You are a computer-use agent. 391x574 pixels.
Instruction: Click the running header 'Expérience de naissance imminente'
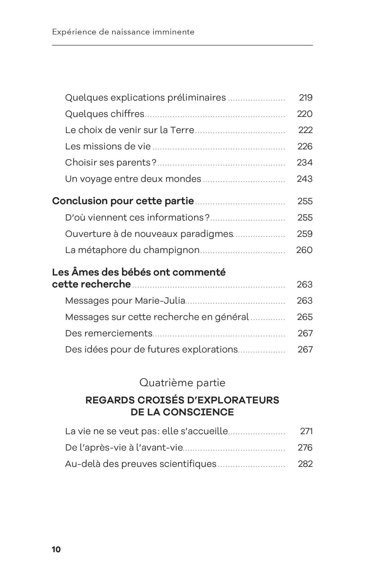tap(123, 32)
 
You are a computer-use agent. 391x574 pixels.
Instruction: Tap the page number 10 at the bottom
tap(56, 549)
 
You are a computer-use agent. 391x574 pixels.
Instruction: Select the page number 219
tap(306, 98)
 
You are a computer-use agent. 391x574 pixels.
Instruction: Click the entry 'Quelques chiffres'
tap(104, 114)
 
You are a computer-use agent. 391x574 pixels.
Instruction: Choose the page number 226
tap(305, 146)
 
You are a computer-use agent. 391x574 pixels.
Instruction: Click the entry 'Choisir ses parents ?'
tap(111, 162)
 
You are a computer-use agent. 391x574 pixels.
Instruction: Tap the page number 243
tap(304, 179)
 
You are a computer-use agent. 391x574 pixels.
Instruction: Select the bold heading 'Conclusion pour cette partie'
tap(123, 201)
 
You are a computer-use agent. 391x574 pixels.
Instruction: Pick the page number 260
tap(304, 250)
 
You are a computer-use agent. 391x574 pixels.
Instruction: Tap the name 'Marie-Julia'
tap(160, 301)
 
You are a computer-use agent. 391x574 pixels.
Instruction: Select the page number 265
tap(305, 317)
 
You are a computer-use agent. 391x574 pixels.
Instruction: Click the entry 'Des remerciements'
tap(109, 333)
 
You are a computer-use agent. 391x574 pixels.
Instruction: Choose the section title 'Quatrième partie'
tap(182, 382)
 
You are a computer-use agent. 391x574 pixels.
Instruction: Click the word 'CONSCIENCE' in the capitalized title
tap(198, 412)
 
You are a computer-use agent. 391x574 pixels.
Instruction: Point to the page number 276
tap(305, 448)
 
